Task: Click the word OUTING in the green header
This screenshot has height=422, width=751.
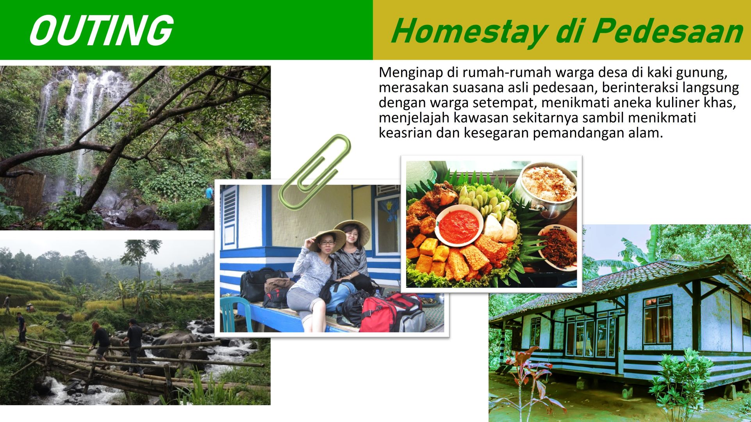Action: [x=101, y=30]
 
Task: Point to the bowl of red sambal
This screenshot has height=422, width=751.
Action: [x=459, y=225]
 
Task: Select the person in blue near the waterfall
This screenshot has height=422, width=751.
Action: [x=210, y=192]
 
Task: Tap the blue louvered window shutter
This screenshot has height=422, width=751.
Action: [x=229, y=216]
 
